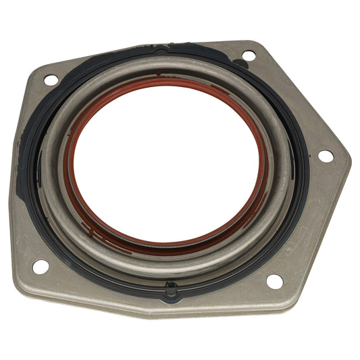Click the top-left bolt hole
[51, 80]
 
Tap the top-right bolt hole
[249, 55]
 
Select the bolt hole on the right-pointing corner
[325, 155]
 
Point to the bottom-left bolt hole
[41, 266]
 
